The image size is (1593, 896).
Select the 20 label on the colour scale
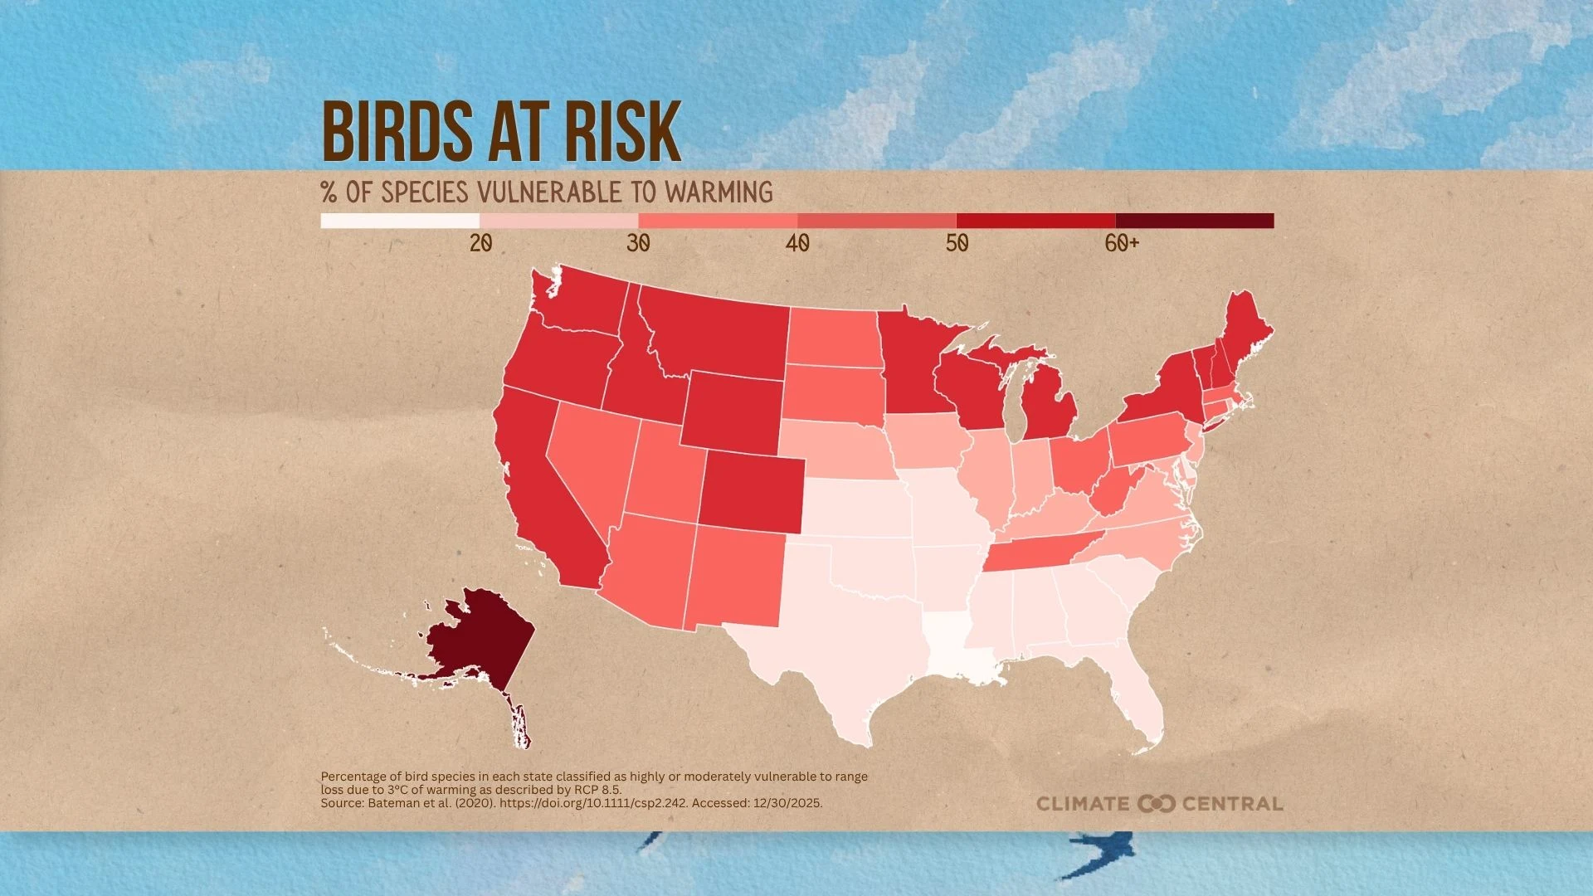(480, 243)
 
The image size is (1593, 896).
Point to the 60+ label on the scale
(1122, 243)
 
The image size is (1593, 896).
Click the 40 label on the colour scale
(797, 243)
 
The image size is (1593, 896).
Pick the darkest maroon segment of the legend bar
(1194, 221)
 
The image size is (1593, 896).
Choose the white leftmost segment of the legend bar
(400, 221)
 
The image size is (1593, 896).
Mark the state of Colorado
(751, 493)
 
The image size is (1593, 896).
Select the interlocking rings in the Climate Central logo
(1156, 803)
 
